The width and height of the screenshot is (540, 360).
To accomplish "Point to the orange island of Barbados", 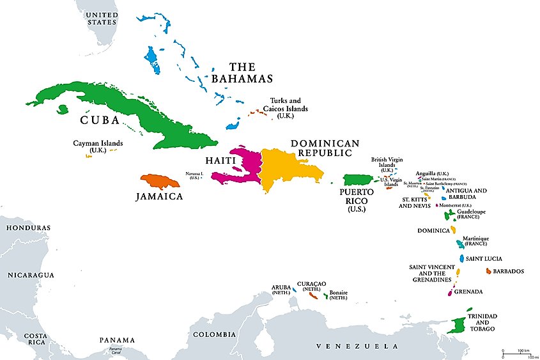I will (x=489, y=271).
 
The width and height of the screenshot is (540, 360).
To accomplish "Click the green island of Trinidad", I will (x=458, y=325).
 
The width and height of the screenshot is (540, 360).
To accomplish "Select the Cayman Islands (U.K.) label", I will (x=97, y=146).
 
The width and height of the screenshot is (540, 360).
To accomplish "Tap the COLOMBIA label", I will (x=214, y=334).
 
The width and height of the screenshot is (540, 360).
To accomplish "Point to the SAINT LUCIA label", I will (x=482, y=258).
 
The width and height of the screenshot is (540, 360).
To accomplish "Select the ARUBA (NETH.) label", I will (x=281, y=289).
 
